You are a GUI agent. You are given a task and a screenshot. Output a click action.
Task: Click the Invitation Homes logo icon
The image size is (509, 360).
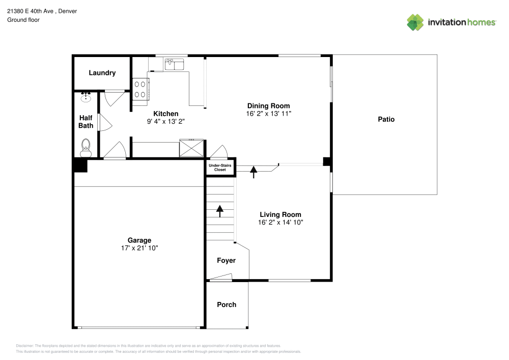coord(415,22)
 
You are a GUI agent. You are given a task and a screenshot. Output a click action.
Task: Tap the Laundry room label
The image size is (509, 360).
coord(102,73)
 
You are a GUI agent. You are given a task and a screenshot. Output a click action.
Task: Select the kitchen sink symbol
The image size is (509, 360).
coord(174,64)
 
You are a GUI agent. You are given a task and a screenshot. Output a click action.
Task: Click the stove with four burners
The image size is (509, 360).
coord(140,89)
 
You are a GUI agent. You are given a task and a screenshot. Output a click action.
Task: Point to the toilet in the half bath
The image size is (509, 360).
coord(86,148)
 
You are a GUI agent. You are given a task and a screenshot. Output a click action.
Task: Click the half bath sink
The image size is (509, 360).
coord(86,96)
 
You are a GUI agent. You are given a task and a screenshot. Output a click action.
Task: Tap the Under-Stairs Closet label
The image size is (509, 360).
coord(220,168)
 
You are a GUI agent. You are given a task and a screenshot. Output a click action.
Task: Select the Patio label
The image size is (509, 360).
coord(386,120)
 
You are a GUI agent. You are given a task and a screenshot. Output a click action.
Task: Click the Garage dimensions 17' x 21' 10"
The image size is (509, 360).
coord(139,248)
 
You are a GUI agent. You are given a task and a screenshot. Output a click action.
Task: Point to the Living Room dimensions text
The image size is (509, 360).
coord(280,223)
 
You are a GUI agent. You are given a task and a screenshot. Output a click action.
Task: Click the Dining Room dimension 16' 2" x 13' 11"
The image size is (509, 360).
coord(268,114)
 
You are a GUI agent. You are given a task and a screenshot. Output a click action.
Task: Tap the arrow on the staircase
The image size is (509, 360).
coord(220,210)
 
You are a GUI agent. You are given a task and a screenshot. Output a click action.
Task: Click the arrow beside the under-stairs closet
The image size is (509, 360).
coord(253,172)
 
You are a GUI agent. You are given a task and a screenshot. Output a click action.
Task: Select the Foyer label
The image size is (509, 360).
coord(227,261)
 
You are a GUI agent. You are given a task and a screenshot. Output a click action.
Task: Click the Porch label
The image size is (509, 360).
coord(227,304)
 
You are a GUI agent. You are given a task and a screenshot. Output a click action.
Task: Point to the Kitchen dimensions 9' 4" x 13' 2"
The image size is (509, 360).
coord(166,121)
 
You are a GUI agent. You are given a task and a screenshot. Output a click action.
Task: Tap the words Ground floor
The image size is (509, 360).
coord(23,20)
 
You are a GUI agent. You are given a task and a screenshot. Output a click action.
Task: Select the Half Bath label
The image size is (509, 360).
coord(86,122)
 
